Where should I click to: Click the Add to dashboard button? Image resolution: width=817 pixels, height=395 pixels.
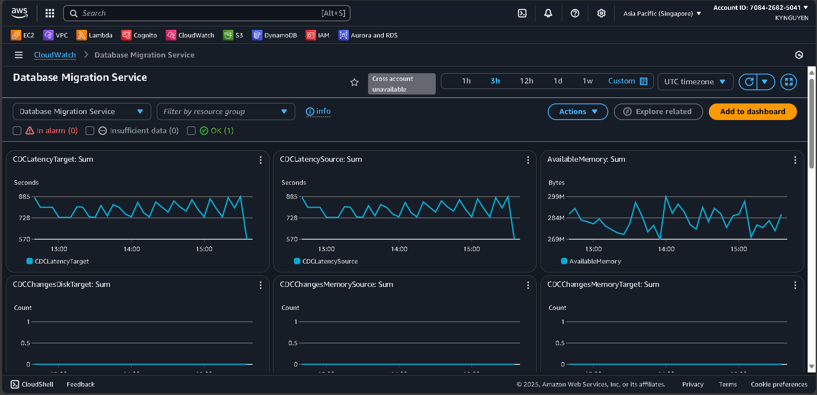[x=752, y=112]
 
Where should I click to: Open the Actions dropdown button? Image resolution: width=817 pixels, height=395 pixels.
[x=578, y=112]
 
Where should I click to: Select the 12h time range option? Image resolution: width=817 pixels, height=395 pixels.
[x=526, y=81]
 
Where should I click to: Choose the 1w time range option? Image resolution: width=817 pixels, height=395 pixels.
[x=587, y=81]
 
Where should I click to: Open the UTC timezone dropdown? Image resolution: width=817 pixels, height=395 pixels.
[x=695, y=82]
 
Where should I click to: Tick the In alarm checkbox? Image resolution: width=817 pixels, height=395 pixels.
[x=17, y=131]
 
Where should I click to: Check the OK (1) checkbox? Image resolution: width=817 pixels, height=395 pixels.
[x=191, y=131]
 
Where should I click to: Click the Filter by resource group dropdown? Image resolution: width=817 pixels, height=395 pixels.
[x=225, y=112]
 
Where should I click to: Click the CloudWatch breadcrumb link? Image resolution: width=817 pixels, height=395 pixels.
[x=55, y=55]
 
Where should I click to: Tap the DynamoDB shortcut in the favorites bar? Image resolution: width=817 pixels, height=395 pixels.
[x=274, y=35]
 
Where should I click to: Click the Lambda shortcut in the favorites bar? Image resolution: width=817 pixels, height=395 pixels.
[x=95, y=35]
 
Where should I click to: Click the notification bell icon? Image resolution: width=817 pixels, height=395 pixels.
[x=548, y=13]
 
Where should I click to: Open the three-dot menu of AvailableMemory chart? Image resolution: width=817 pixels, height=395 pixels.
[x=795, y=160]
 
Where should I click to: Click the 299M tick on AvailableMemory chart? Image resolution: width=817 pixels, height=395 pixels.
[x=556, y=197]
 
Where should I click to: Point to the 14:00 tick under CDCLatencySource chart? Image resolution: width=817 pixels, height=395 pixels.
[x=399, y=249]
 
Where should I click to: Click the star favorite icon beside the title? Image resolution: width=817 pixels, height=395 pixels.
[x=354, y=82]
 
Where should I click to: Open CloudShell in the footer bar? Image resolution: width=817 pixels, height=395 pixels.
[x=32, y=384]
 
